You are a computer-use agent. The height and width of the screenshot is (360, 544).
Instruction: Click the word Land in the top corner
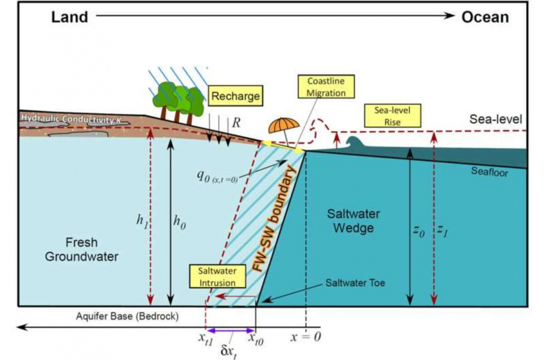click(x=70, y=17)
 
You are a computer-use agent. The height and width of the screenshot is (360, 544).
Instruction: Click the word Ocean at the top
click(x=485, y=17)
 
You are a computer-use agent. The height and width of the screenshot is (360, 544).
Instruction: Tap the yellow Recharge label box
click(x=235, y=96)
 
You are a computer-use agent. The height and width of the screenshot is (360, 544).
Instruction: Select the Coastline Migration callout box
click(x=326, y=87)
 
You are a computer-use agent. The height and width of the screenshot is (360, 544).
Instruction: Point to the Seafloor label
click(x=489, y=171)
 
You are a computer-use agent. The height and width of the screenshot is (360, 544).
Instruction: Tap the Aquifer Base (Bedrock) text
click(x=127, y=316)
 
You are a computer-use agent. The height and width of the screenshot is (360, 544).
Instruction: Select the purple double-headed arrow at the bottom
click(x=231, y=332)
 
